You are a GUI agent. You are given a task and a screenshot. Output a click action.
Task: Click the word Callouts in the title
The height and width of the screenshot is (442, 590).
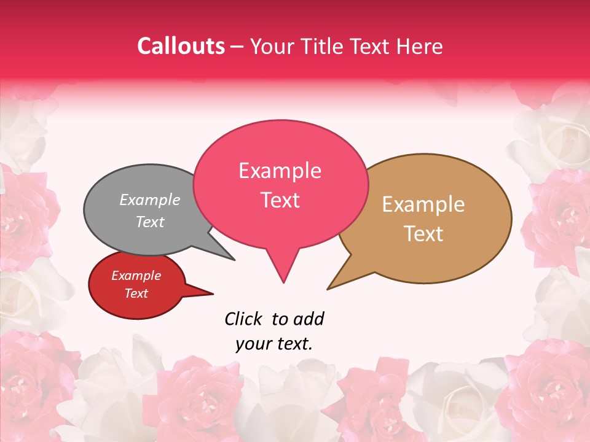click(x=181, y=46)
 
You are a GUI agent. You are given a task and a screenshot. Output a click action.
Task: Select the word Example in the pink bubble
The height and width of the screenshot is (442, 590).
click(x=280, y=171)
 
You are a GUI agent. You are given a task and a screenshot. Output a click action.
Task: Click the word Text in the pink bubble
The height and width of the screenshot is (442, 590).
click(x=280, y=200)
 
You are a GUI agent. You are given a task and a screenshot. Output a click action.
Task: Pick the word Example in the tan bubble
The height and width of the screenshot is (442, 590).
click(x=423, y=204)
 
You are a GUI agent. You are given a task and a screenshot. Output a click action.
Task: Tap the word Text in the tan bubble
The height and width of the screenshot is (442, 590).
click(x=423, y=234)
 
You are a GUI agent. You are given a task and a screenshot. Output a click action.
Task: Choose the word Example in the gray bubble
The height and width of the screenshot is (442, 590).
click(x=150, y=200)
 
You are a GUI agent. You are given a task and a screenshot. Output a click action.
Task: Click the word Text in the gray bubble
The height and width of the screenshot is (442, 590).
click(x=150, y=222)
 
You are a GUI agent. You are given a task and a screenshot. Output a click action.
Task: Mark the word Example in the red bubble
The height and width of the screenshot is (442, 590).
click(x=136, y=276)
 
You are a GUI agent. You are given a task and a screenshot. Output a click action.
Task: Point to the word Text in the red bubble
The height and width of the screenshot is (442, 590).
click(x=136, y=293)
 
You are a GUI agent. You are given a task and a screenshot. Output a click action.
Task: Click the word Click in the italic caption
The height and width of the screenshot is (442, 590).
click(x=243, y=319)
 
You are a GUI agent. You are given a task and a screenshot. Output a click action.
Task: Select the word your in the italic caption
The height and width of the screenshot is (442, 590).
click(x=253, y=344)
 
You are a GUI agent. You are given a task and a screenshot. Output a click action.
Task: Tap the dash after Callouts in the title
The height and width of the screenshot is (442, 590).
click(x=237, y=47)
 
